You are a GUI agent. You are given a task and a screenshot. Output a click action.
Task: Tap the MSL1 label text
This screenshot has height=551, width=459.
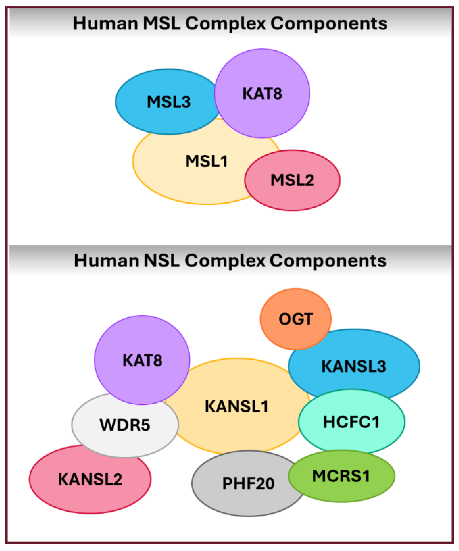tap(207, 161)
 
